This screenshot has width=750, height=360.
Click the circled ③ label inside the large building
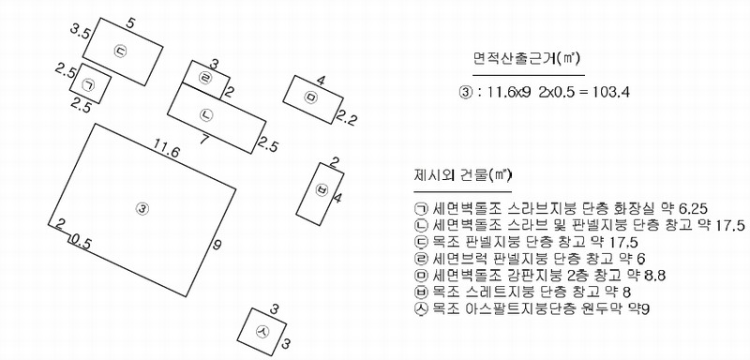point(142,208)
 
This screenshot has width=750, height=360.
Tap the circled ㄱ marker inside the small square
point(89,84)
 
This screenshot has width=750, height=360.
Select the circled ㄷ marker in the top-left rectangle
point(120,51)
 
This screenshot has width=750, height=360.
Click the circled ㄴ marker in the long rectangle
point(206,113)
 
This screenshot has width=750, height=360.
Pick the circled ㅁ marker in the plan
point(311,97)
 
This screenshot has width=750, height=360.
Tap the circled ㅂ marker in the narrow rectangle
point(322,189)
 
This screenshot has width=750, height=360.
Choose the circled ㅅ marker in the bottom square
point(262,331)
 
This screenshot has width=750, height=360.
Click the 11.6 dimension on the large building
point(167,152)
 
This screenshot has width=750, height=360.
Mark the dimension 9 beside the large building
point(217,246)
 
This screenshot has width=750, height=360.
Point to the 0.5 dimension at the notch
point(81,242)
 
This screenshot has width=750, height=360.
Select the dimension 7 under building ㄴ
point(204,140)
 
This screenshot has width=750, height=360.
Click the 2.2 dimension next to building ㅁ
point(346,117)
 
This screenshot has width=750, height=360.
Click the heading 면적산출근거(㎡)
point(527,59)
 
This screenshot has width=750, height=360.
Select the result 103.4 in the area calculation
point(611,91)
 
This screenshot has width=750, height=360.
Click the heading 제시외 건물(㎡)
point(462,175)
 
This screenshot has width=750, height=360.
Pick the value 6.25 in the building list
point(693,208)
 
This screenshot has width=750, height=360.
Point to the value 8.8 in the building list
point(652,276)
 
